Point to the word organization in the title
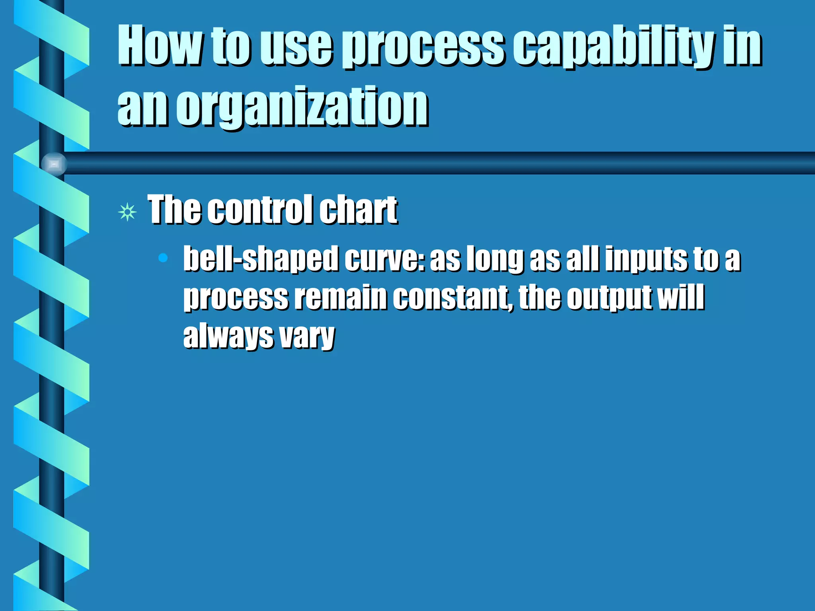pyautogui.click(x=302, y=107)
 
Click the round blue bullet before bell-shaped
pyautogui.click(x=163, y=258)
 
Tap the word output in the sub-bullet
pyautogui.click(x=609, y=298)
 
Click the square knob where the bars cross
pyautogui.click(x=54, y=163)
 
